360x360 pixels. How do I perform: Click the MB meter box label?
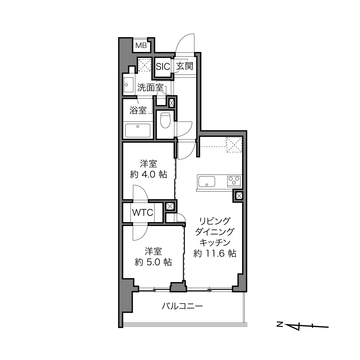coord(141,45)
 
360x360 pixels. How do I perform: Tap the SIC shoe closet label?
coord(163,66)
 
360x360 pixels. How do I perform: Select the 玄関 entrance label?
coord(185,66)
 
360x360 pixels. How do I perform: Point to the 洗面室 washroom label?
coord(150,87)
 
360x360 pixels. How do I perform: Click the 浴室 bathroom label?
coord(138,110)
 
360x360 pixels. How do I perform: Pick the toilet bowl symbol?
coord(165,120)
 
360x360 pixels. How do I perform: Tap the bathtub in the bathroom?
coord(138,131)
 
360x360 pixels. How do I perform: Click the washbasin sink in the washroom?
coord(129,85)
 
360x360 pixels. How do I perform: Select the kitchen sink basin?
coord(207,181)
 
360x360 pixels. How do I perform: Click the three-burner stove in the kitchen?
coord(234,181)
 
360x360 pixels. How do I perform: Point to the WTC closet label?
coord(143,212)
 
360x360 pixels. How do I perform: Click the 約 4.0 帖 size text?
coord(149,175)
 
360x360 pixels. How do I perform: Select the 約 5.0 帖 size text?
coord(153,262)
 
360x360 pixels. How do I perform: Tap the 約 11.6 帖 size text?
coord(215,254)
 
